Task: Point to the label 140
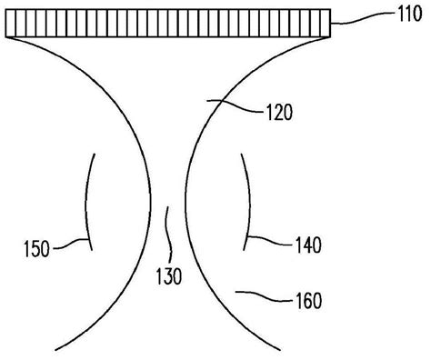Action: click(309, 245)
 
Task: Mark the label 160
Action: click(309, 298)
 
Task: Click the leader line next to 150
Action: click(72, 243)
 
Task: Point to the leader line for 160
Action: click(264, 295)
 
